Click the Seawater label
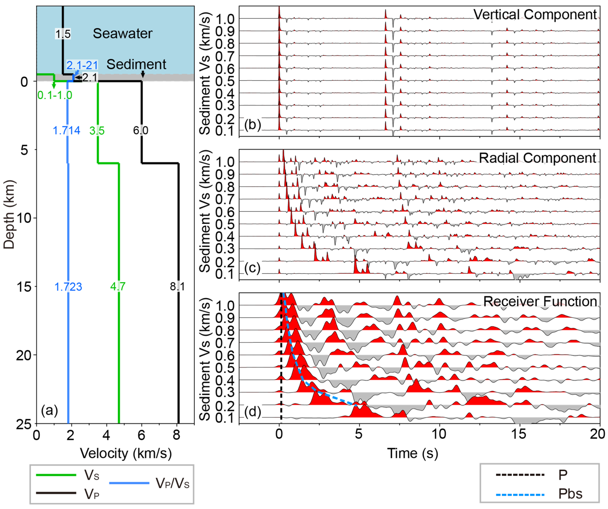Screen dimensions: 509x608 122,34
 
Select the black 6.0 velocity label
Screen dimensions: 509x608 141,131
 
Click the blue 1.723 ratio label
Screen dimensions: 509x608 68,287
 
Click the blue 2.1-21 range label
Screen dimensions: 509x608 82,65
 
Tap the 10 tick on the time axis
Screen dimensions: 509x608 439,434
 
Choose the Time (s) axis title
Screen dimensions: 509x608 413,453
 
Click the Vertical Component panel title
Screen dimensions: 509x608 535,14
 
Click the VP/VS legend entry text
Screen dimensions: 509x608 173,483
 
